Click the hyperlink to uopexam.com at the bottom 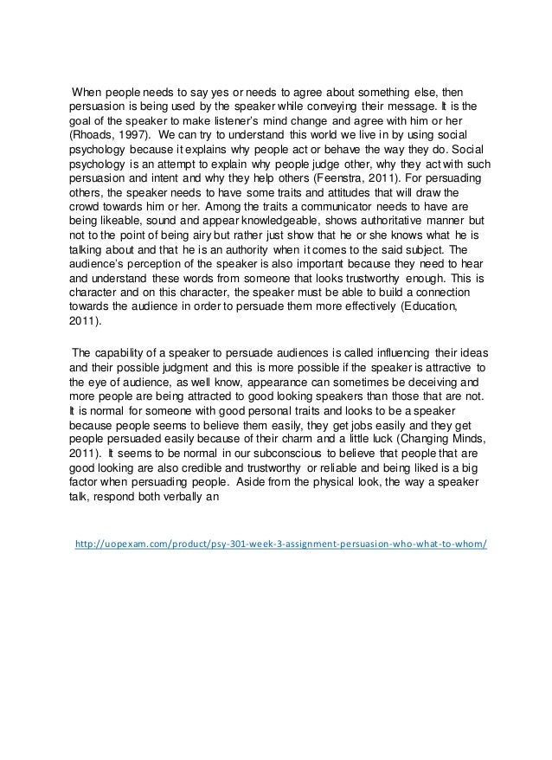tap(281, 544)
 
